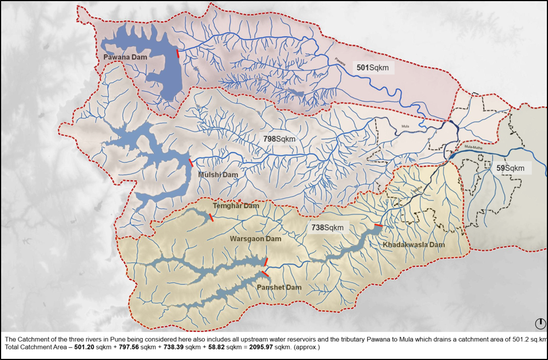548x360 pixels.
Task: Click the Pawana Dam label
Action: pos(123,57)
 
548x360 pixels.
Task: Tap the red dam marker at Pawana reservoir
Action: pos(178,53)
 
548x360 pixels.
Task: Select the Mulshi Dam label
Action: pos(218,175)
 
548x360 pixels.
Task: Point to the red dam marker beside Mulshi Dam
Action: pos(191,162)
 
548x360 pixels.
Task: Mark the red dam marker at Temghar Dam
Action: pos(210,217)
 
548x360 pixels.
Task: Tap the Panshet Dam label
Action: pos(279,287)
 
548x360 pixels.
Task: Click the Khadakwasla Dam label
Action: pos(414,245)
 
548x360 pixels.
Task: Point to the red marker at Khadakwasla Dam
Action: pos(378,226)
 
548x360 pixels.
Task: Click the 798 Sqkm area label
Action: pos(279,138)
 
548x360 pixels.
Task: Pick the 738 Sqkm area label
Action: pos(327,227)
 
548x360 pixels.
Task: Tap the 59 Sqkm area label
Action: pos(510,168)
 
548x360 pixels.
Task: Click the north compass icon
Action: pos(540,324)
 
